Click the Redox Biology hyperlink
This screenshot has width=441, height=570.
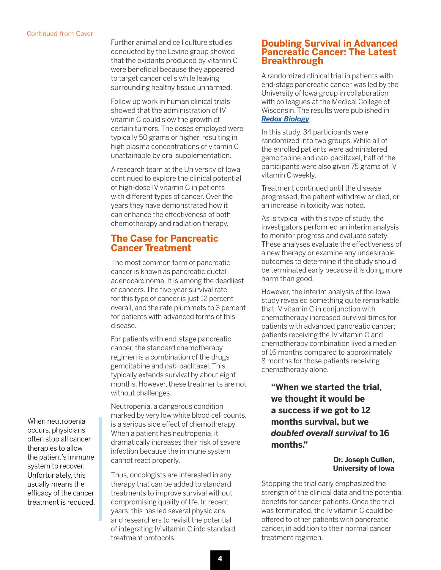click(x=285, y=119)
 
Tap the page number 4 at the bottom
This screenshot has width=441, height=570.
click(x=220, y=558)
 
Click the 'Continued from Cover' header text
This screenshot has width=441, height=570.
click(x=60, y=34)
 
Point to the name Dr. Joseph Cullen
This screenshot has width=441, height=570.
click(x=364, y=460)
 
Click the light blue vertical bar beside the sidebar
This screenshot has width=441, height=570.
click(x=100, y=469)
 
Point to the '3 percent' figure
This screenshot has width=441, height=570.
click(x=232, y=308)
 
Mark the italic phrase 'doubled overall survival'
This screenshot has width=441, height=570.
click(x=319, y=433)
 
